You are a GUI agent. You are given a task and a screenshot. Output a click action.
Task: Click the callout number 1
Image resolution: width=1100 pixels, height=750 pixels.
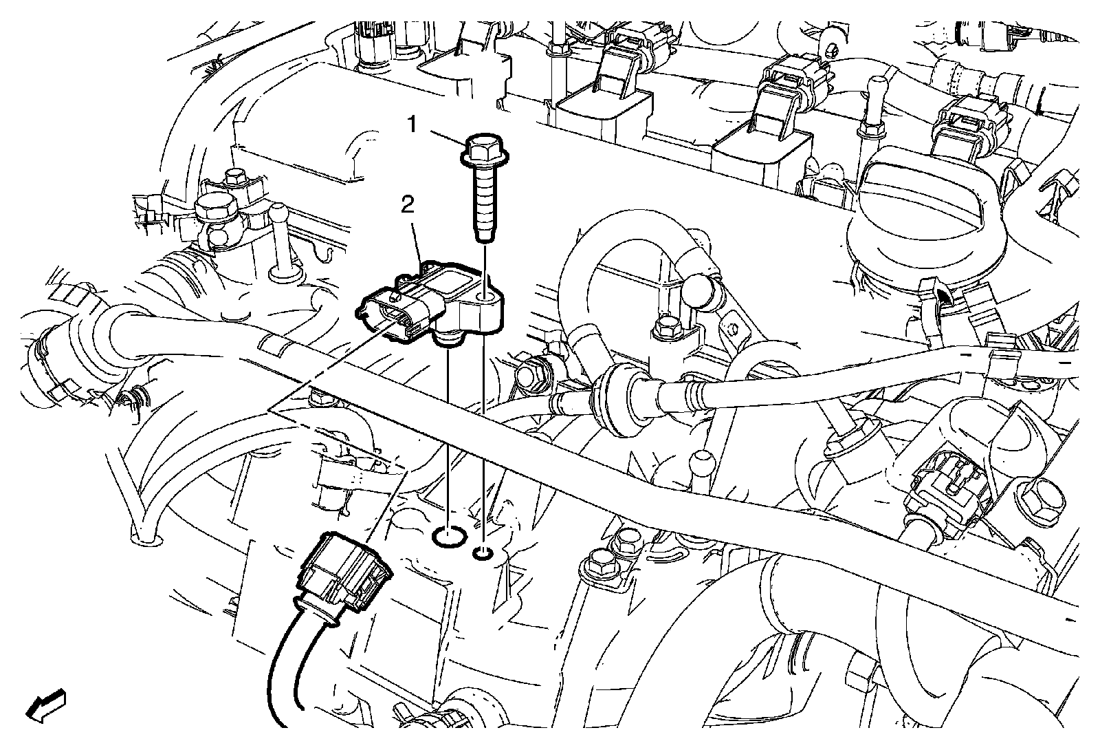tap(413, 125)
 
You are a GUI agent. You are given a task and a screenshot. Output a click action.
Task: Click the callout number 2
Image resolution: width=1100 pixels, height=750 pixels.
tap(408, 206)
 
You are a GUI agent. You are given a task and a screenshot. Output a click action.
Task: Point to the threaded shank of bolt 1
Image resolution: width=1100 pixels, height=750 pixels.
tap(485, 203)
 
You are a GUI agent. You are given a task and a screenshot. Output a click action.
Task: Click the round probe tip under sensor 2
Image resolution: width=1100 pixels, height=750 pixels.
tap(448, 340)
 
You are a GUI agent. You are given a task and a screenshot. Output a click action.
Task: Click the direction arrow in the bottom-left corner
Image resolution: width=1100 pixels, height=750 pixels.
tap(45, 705)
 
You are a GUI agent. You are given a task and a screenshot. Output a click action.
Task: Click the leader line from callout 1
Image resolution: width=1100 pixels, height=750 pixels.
tap(448, 137)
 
